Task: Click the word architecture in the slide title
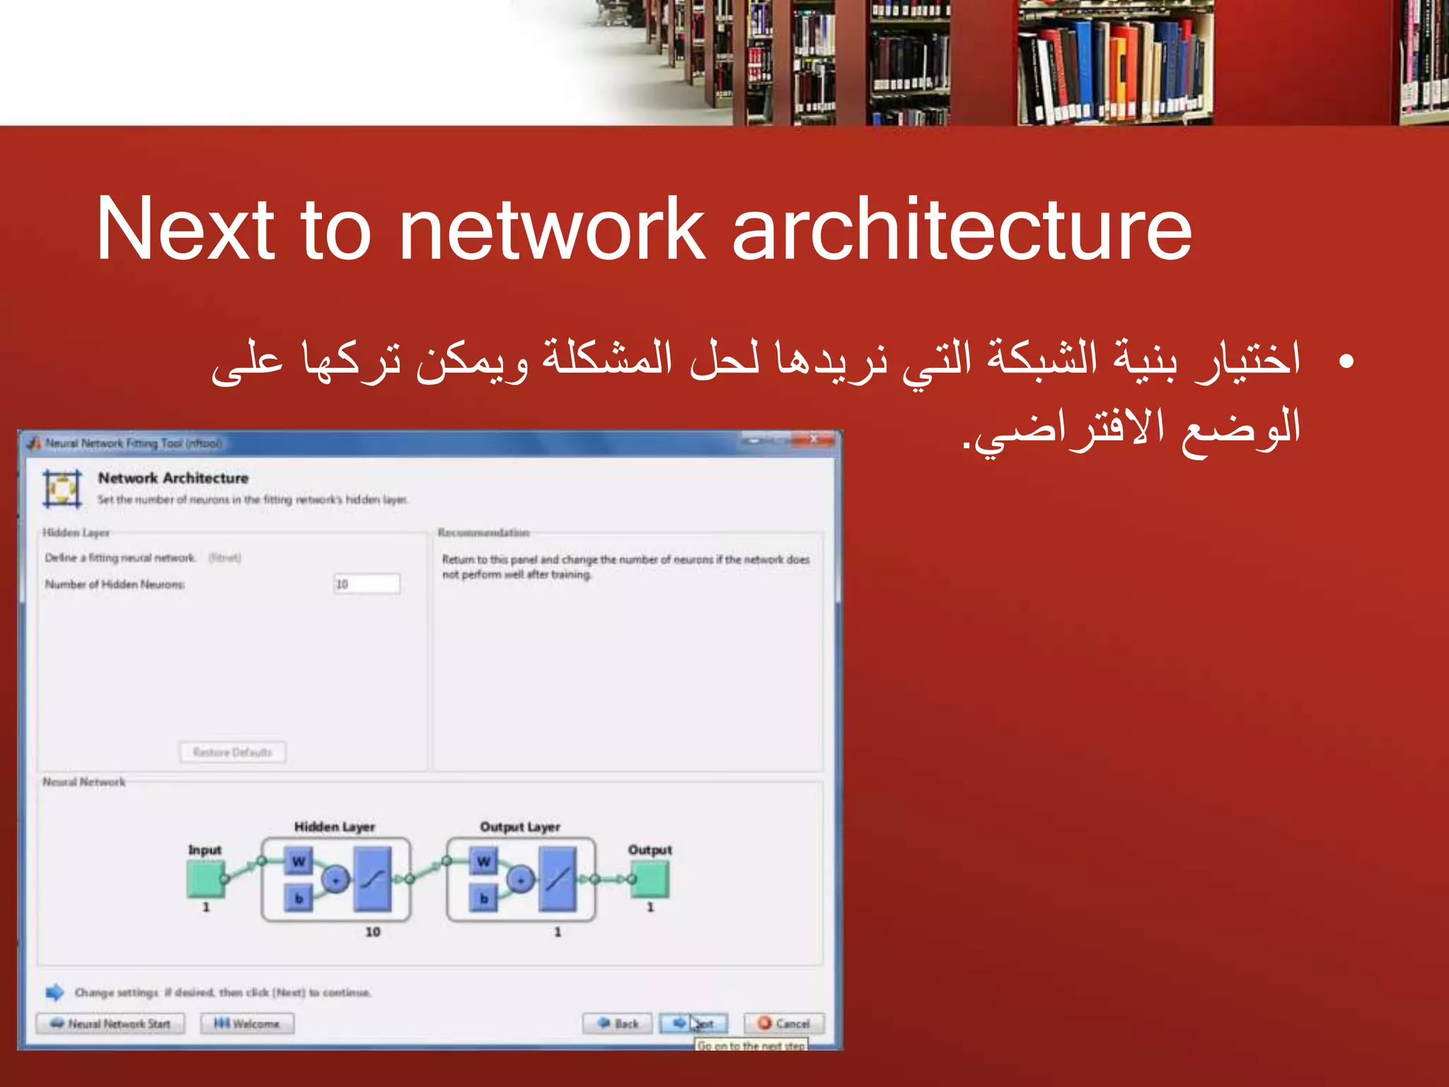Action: click(x=962, y=229)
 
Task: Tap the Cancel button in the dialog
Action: click(x=784, y=1023)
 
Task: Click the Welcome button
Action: click(x=247, y=1023)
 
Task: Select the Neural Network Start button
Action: click(x=111, y=1023)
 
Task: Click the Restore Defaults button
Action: click(x=233, y=752)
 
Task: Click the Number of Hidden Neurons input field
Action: click(x=366, y=584)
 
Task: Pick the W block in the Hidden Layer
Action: click(x=299, y=861)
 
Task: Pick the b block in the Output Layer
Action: click(x=484, y=899)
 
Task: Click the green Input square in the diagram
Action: click(x=205, y=880)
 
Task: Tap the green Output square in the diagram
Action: click(x=650, y=880)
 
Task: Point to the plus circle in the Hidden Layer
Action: click(x=336, y=880)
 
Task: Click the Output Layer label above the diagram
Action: click(x=520, y=827)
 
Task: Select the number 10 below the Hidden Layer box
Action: click(x=373, y=932)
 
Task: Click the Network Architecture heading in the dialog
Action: click(x=173, y=478)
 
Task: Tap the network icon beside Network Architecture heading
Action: click(x=62, y=488)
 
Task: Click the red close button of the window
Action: click(x=814, y=440)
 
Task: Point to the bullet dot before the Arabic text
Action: click(x=1346, y=362)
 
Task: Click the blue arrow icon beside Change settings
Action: click(x=54, y=992)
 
